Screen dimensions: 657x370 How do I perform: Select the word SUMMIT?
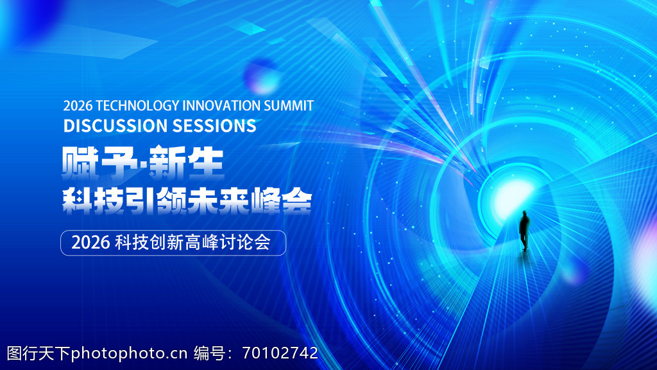[x=288, y=106]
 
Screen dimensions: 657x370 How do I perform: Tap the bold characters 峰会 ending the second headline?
[x=281, y=202]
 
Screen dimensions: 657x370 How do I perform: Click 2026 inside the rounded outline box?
[x=90, y=242]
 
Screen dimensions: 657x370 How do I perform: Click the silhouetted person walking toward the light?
[x=524, y=231]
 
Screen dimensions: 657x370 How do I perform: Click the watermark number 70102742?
[x=280, y=353]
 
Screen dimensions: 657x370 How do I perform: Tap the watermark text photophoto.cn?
[x=129, y=354]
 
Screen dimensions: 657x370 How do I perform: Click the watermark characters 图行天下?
[x=38, y=353]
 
